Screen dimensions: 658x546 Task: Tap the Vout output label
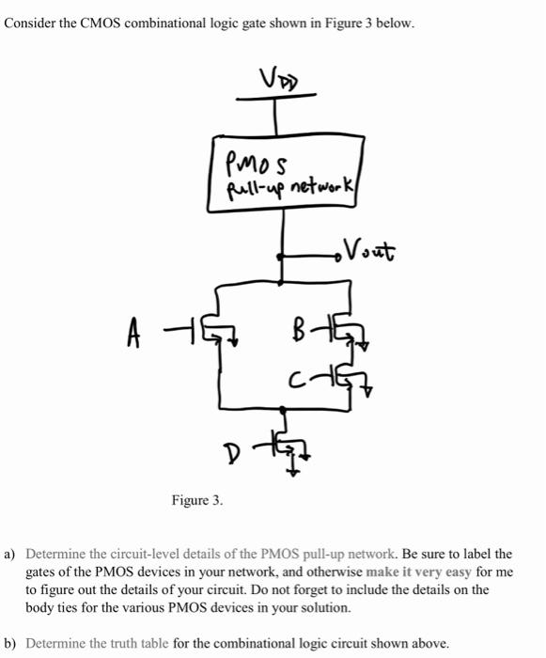pyautogui.click(x=370, y=251)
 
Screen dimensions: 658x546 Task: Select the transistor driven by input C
pyautogui.click(x=345, y=378)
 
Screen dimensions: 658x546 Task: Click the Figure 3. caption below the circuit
pyautogui.click(x=197, y=500)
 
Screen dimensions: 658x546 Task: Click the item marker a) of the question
pyautogui.click(x=11, y=555)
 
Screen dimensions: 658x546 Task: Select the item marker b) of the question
pyautogui.click(x=11, y=644)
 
